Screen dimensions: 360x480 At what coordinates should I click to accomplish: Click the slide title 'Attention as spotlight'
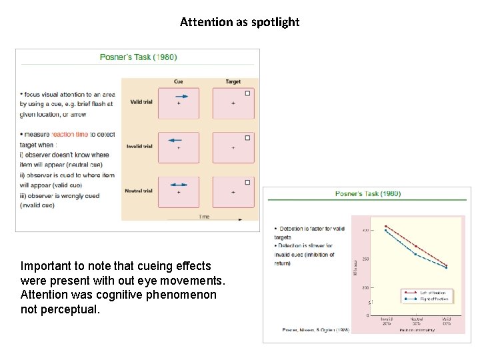click(239, 22)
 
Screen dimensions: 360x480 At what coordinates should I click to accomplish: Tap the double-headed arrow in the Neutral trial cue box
click(177, 185)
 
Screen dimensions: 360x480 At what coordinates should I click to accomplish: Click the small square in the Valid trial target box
click(247, 93)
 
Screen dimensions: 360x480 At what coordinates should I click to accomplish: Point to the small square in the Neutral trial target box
click(247, 182)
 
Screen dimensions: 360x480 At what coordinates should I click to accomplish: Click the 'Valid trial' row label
click(139, 102)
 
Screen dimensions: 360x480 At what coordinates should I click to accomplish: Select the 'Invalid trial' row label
click(139, 146)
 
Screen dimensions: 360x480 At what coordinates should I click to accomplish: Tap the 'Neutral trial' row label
click(139, 191)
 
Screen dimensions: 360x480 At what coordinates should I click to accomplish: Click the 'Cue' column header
click(178, 81)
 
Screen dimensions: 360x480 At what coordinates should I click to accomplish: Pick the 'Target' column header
click(233, 81)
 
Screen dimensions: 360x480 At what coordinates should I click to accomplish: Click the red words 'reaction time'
click(70, 135)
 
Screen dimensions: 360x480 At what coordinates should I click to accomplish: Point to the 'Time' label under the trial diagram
click(204, 217)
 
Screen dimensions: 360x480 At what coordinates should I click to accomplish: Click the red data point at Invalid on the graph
click(386, 226)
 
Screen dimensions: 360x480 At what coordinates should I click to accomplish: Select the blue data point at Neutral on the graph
click(416, 254)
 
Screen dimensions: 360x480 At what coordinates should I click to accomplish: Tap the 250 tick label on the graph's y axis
click(365, 259)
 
